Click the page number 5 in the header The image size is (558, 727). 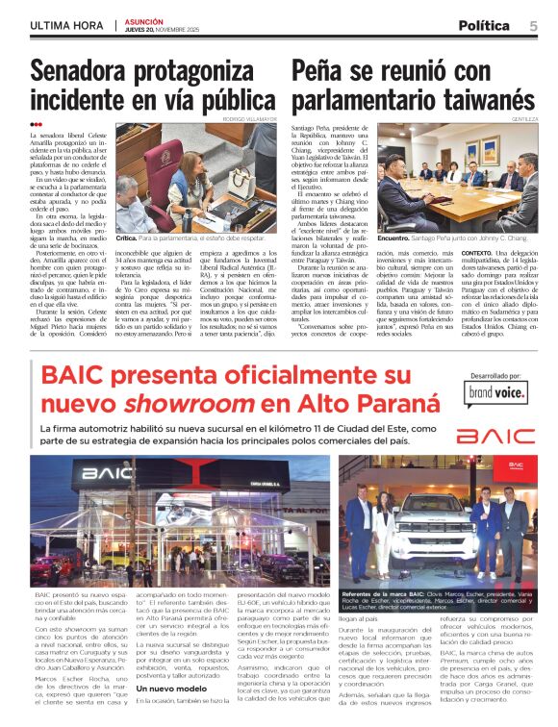point(533,26)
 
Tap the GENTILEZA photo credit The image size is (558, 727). point(525,118)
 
